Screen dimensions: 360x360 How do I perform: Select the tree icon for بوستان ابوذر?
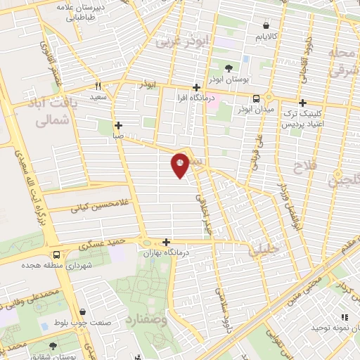click(229, 69)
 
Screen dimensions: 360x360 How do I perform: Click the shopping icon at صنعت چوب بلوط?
click(83, 313)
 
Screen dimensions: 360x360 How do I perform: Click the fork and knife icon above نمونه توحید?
click(345, 318)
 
